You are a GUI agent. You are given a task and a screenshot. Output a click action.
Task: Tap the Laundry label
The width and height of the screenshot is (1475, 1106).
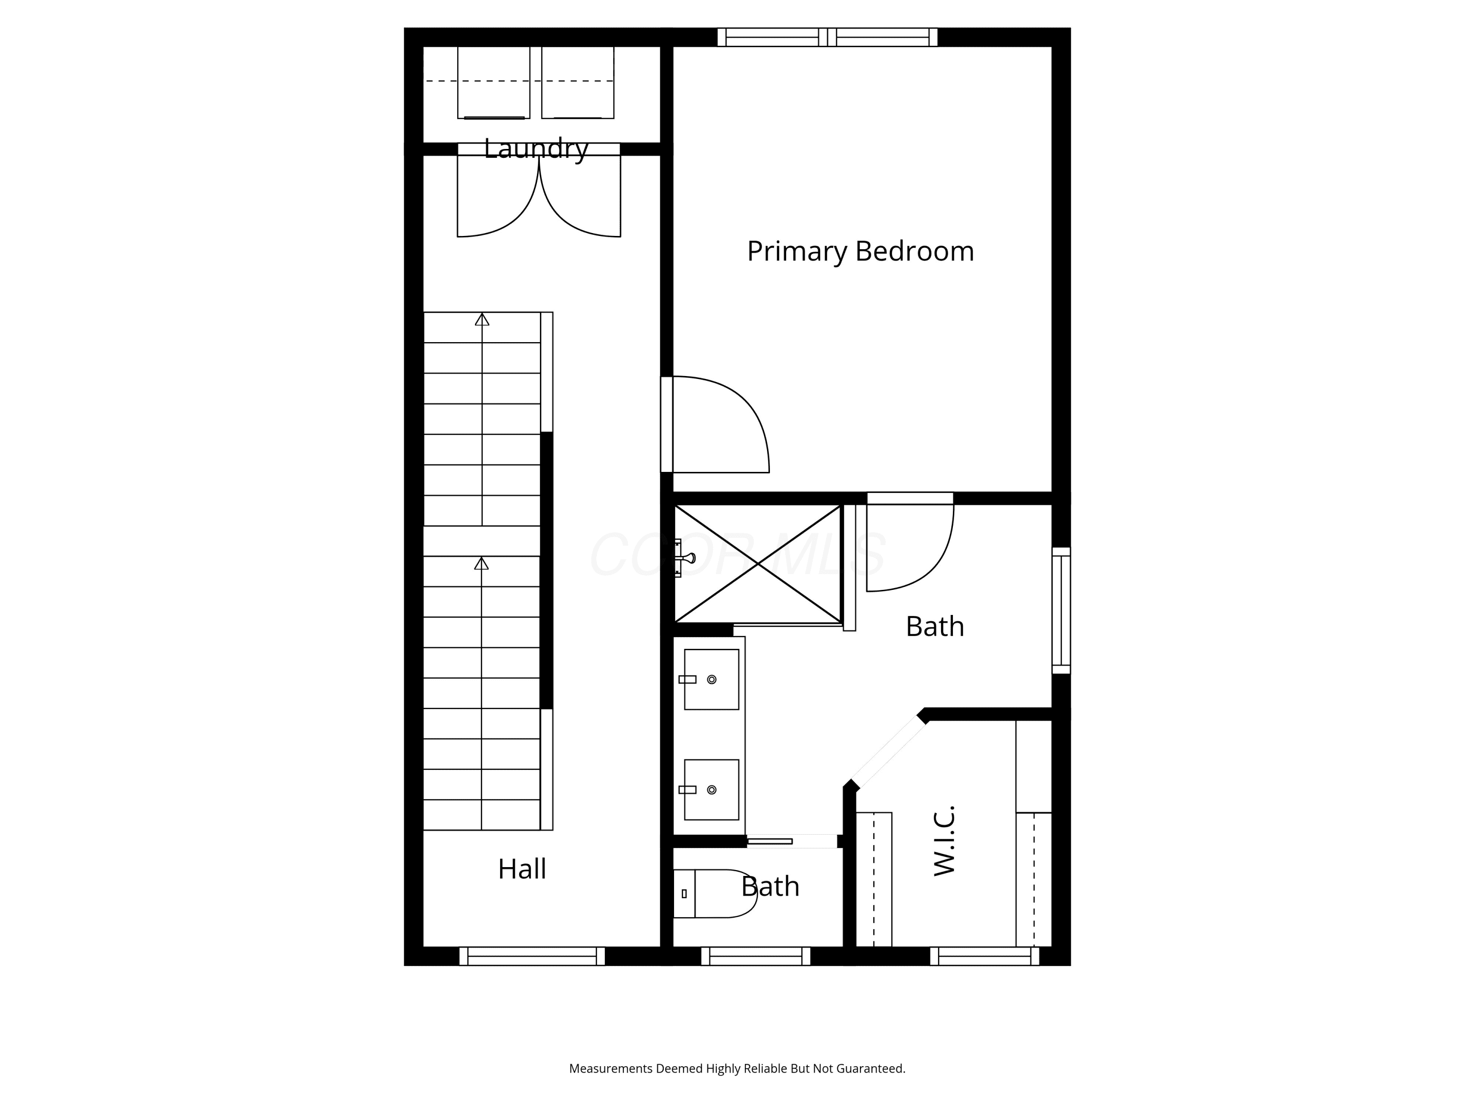(x=536, y=148)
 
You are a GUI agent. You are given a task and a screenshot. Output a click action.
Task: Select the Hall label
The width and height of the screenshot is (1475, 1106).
(x=522, y=869)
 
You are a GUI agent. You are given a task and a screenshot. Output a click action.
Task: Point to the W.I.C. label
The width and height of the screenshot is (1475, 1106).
(x=944, y=841)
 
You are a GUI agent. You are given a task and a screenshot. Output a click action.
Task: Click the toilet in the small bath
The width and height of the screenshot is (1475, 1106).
(x=715, y=893)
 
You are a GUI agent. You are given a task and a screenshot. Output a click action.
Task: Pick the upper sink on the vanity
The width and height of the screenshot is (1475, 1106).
(x=711, y=679)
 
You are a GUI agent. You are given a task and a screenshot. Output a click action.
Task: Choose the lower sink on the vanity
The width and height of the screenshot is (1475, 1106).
(x=711, y=789)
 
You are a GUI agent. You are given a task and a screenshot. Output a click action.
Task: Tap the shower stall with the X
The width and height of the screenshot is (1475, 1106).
(x=758, y=564)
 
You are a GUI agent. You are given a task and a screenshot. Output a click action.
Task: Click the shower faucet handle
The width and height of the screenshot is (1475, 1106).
(x=685, y=558)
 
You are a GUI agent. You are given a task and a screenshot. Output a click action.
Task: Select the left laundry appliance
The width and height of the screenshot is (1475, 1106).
(x=494, y=83)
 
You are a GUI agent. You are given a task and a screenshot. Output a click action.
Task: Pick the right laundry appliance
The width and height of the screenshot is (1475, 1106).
(x=578, y=83)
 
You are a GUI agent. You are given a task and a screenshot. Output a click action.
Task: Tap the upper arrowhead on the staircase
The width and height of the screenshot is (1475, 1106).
(x=482, y=320)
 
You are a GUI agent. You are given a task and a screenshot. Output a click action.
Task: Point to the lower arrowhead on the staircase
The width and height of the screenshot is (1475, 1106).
(x=481, y=563)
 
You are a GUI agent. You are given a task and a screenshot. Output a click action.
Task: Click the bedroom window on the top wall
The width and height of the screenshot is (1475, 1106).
(x=827, y=37)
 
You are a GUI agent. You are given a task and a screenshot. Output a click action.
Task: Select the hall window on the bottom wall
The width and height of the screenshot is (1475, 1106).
(x=532, y=956)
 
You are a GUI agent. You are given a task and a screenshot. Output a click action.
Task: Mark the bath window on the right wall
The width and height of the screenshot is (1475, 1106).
(x=1062, y=611)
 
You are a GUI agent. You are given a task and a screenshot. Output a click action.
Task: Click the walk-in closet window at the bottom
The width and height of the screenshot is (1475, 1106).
(x=985, y=956)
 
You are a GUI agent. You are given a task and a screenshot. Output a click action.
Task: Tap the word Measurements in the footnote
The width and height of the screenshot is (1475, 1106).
(x=611, y=1069)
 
